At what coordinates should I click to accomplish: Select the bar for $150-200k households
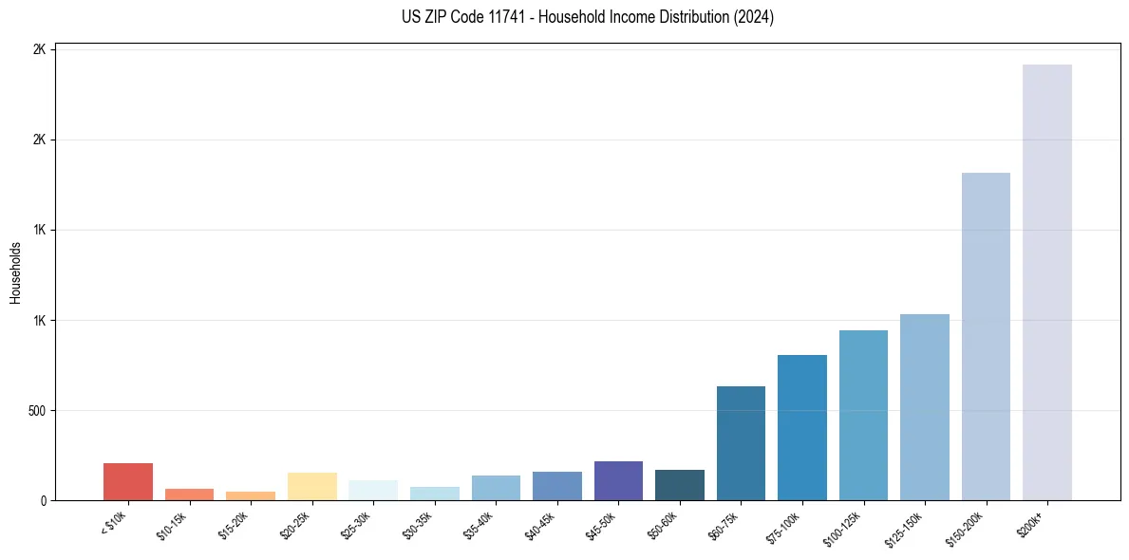986,336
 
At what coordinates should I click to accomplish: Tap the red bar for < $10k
128,481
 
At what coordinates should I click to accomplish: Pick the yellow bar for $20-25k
311,486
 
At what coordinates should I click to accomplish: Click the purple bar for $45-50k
618,480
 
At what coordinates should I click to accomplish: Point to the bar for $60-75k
741,443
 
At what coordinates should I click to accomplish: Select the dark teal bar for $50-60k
680,485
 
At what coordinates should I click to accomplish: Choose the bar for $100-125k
863,415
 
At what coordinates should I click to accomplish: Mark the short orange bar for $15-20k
251,495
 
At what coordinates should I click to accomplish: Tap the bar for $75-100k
802,427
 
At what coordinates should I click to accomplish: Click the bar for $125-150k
925,407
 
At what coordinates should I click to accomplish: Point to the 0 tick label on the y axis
44,501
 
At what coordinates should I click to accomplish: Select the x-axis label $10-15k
172,524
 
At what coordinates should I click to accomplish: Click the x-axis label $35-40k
479,524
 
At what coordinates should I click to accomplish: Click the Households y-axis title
15,272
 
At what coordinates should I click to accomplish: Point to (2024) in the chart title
754,17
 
